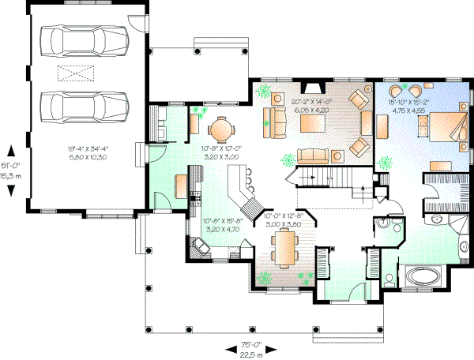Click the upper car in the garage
(x=74, y=39)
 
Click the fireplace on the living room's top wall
(x=314, y=88)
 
